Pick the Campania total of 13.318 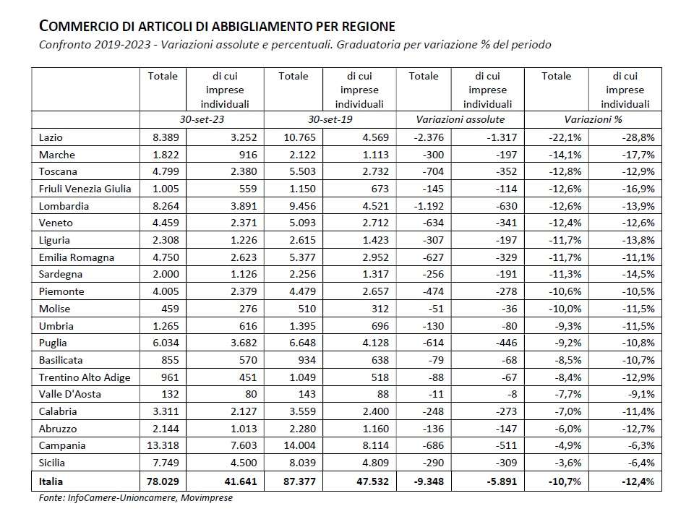(x=160, y=445)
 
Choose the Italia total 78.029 (x=160, y=480)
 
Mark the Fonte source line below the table (x=136, y=497)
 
